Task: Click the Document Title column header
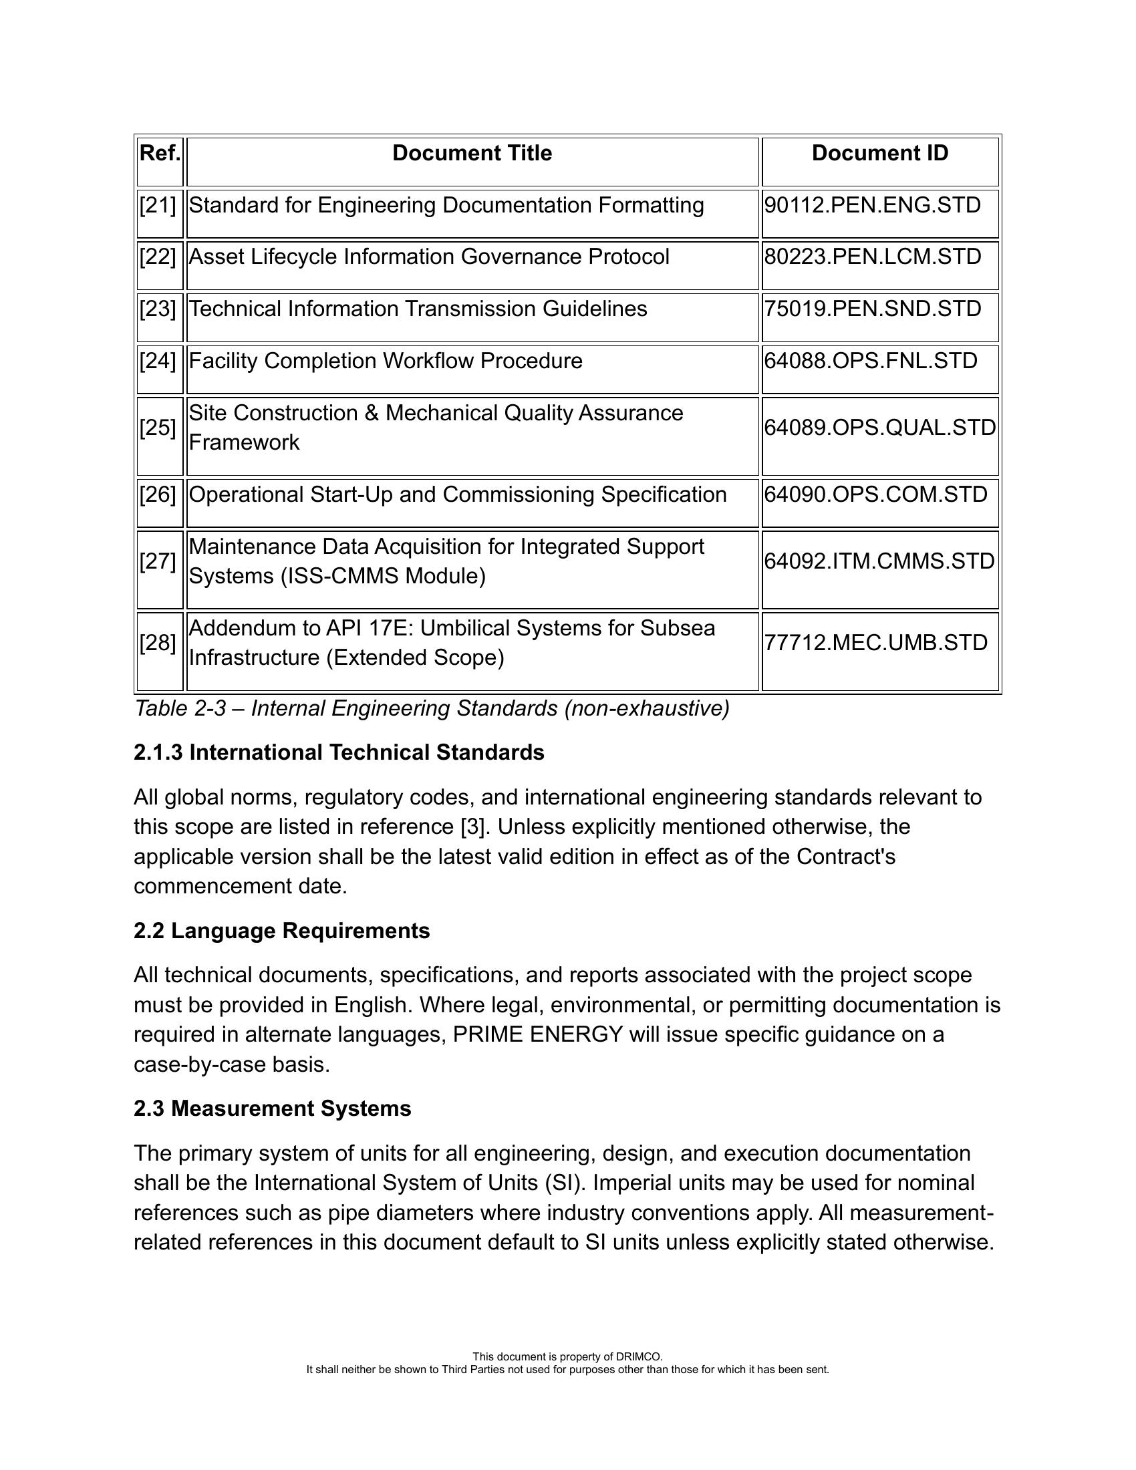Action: [472, 154]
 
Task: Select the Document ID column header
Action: [879, 154]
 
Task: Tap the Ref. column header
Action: [160, 154]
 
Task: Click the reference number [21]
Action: [158, 205]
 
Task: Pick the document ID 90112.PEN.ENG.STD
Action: [872, 205]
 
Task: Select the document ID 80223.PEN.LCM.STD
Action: [872, 257]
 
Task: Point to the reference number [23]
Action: [158, 309]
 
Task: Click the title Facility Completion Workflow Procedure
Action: [385, 361]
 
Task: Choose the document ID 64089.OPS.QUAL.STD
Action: [879, 428]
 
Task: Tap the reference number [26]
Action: [158, 494]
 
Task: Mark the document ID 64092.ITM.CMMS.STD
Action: [879, 561]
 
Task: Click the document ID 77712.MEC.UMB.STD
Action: [875, 643]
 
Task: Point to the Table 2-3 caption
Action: [432, 709]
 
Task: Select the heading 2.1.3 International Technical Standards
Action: [339, 752]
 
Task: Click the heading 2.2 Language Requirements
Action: [281, 931]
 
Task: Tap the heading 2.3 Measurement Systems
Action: [272, 1109]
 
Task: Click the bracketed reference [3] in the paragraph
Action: [473, 827]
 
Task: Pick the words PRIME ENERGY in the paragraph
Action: [538, 1034]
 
